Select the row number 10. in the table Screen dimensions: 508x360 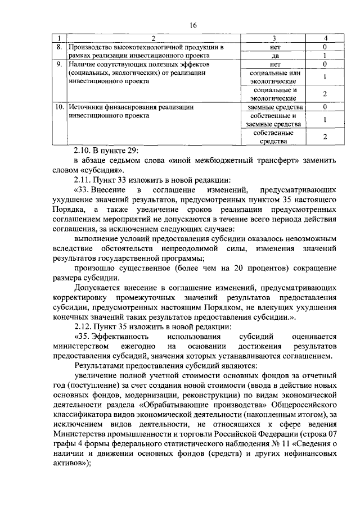pyautogui.click(x=58, y=106)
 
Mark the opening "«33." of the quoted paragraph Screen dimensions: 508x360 pyautogui.click(x=83, y=190)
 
